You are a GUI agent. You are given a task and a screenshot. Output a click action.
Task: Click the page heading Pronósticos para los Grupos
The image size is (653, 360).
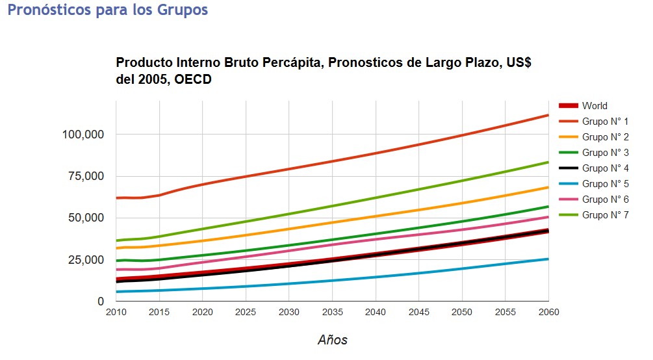point(108,10)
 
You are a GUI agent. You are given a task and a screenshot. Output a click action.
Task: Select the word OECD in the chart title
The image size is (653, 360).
point(193,79)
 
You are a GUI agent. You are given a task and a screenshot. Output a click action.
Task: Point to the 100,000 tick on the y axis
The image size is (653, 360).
point(83,135)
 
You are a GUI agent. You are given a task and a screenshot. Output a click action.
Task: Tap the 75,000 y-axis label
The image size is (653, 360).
point(86,176)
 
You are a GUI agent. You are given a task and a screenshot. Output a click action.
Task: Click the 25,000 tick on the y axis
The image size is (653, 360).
point(86,260)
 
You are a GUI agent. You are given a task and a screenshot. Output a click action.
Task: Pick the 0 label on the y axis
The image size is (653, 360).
point(101,302)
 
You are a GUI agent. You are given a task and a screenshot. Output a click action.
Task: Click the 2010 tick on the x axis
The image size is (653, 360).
point(116,312)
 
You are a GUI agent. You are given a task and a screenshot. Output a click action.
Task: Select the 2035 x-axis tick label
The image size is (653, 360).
point(332,312)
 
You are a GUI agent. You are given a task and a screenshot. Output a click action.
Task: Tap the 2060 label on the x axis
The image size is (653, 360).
point(548,312)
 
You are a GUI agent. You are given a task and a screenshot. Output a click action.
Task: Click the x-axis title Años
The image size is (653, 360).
point(332,340)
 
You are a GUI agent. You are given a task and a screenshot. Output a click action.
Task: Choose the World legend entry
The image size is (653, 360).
point(595,106)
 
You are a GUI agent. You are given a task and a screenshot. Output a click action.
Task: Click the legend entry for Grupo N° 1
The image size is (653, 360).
point(605,122)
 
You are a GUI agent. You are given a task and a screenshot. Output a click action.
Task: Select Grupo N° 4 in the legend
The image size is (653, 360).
point(605,168)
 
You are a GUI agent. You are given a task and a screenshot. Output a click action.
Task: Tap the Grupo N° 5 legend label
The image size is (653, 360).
point(605,184)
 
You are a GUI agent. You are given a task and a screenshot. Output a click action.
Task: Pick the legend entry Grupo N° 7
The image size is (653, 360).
point(605,215)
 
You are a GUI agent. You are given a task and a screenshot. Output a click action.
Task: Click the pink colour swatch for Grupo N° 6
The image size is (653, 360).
point(568,199)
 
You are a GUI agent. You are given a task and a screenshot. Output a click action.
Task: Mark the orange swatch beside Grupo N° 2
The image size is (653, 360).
point(568,137)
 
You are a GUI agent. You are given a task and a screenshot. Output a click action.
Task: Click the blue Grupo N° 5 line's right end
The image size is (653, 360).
point(548,259)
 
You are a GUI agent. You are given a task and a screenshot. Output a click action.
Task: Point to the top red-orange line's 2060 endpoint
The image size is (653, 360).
point(548,115)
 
